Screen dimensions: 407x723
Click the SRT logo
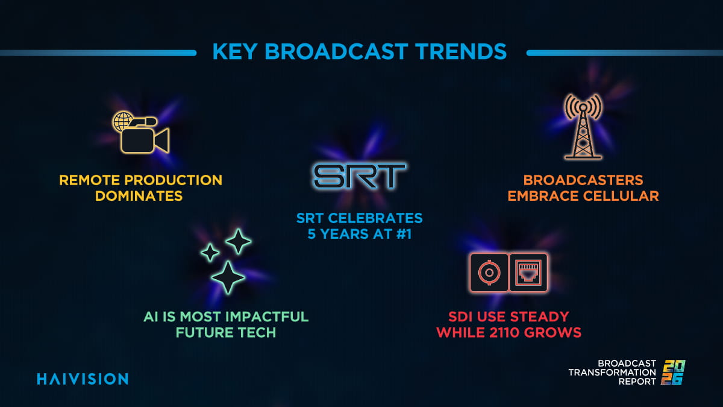click(360, 175)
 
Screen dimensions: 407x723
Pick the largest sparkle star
click(228, 277)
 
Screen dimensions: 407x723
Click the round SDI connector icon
click(488, 273)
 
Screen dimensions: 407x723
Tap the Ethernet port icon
click(528, 273)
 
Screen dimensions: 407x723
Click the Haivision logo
click(83, 379)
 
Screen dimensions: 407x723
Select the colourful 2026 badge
click(674, 372)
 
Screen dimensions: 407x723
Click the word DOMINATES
click(139, 196)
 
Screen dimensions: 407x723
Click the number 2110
click(517, 332)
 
